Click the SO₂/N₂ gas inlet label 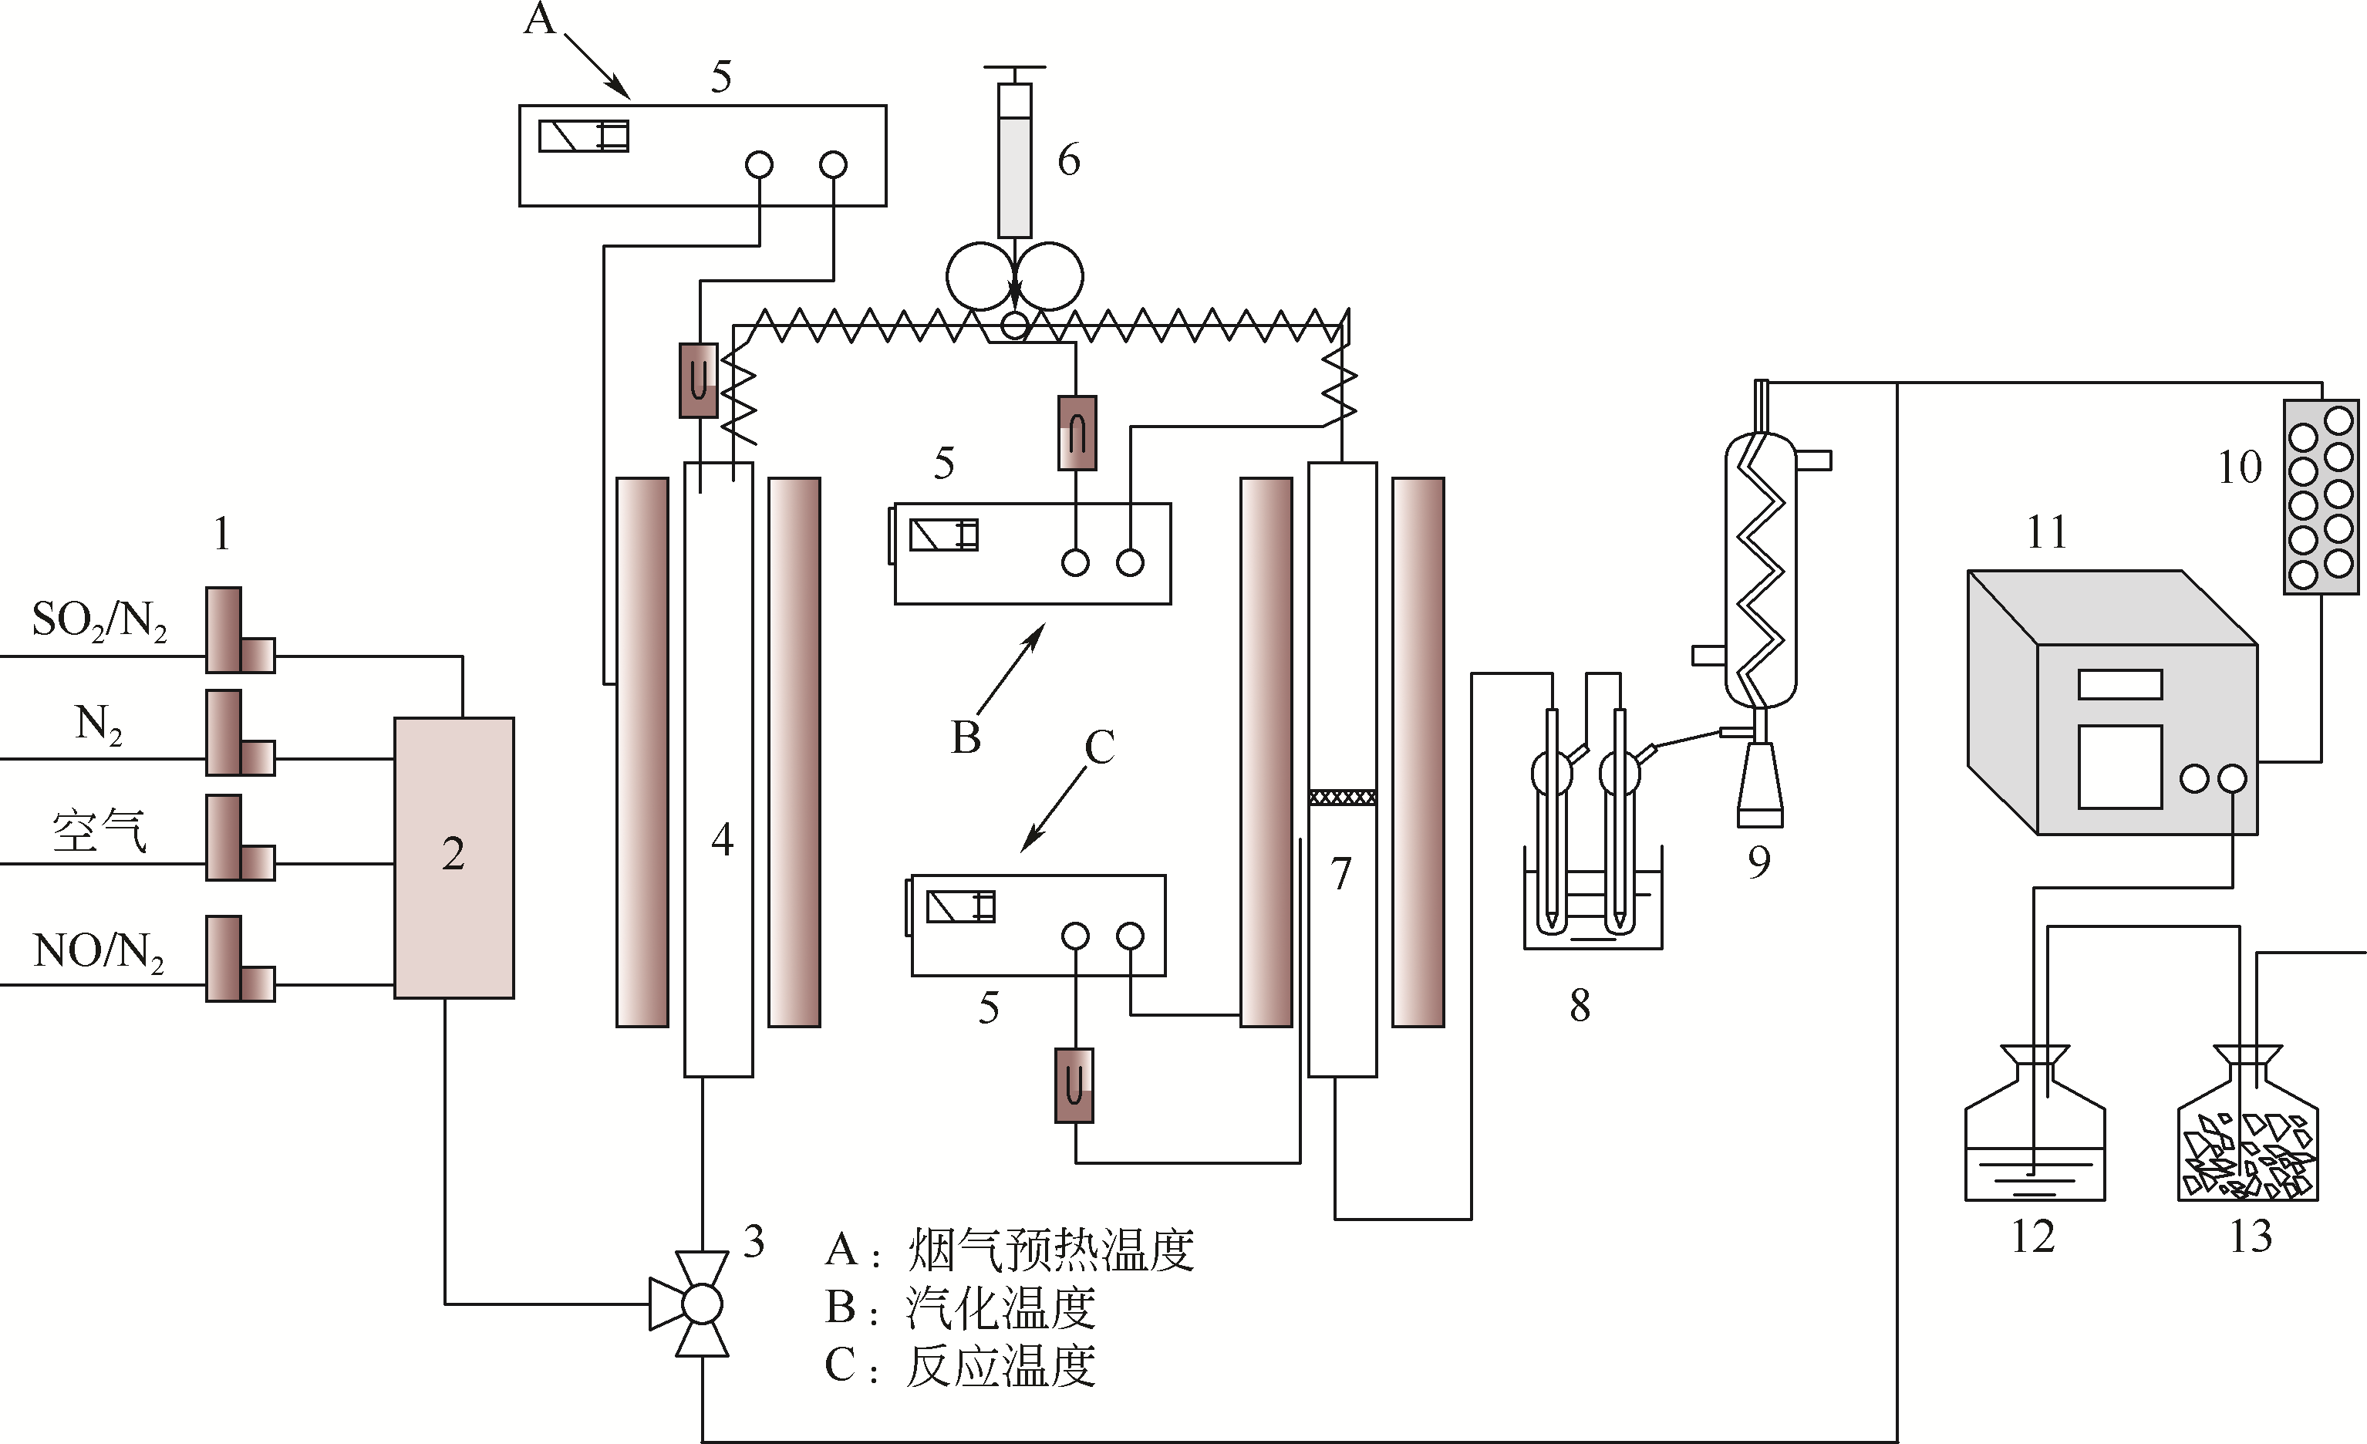99,621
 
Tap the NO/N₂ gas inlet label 99,951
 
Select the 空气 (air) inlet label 99,831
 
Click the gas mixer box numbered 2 454,857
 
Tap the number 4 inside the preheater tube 723,840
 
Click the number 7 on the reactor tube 1341,873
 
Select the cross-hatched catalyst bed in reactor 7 1342,798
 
